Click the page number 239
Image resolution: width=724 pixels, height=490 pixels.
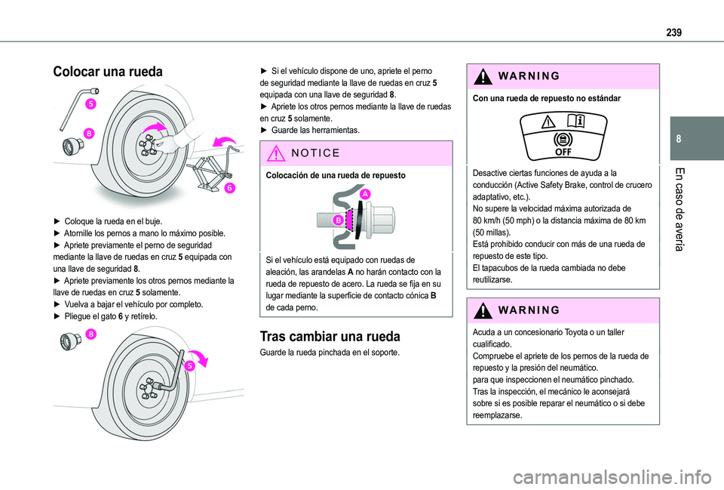[x=673, y=32]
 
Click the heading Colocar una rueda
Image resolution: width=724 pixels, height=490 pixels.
[x=108, y=72]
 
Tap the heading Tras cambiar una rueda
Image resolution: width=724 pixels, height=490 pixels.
[x=330, y=336]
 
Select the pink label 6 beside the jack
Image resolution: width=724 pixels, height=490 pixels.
[x=229, y=188]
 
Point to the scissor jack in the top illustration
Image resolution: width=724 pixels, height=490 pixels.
[x=211, y=171]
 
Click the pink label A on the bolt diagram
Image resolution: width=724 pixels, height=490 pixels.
[x=365, y=194]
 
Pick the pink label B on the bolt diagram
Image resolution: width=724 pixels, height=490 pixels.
[x=339, y=220]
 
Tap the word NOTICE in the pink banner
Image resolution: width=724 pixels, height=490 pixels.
[x=316, y=153]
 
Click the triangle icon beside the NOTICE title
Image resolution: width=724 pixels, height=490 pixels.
[x=276, y=153]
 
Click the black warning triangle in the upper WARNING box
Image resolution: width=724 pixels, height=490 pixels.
[x=483, y=76]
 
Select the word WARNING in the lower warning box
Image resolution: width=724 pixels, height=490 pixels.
[x=529, y=310]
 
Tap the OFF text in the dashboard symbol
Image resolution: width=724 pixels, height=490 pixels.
[x=563, y=152]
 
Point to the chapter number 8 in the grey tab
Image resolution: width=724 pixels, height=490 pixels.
[x=678, y=139]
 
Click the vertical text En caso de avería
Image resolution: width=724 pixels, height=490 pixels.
[x=679, y=209]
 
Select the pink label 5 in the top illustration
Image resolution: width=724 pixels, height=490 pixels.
[x=91, y=103]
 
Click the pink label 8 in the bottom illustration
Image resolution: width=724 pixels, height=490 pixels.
[x=90, y=334]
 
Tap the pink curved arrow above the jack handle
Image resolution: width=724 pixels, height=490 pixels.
[x=225, y=141]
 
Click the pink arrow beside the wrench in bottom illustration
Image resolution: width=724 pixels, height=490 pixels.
[x=199, y=358]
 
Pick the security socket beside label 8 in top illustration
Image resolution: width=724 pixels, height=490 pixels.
[x=73, y=146]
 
